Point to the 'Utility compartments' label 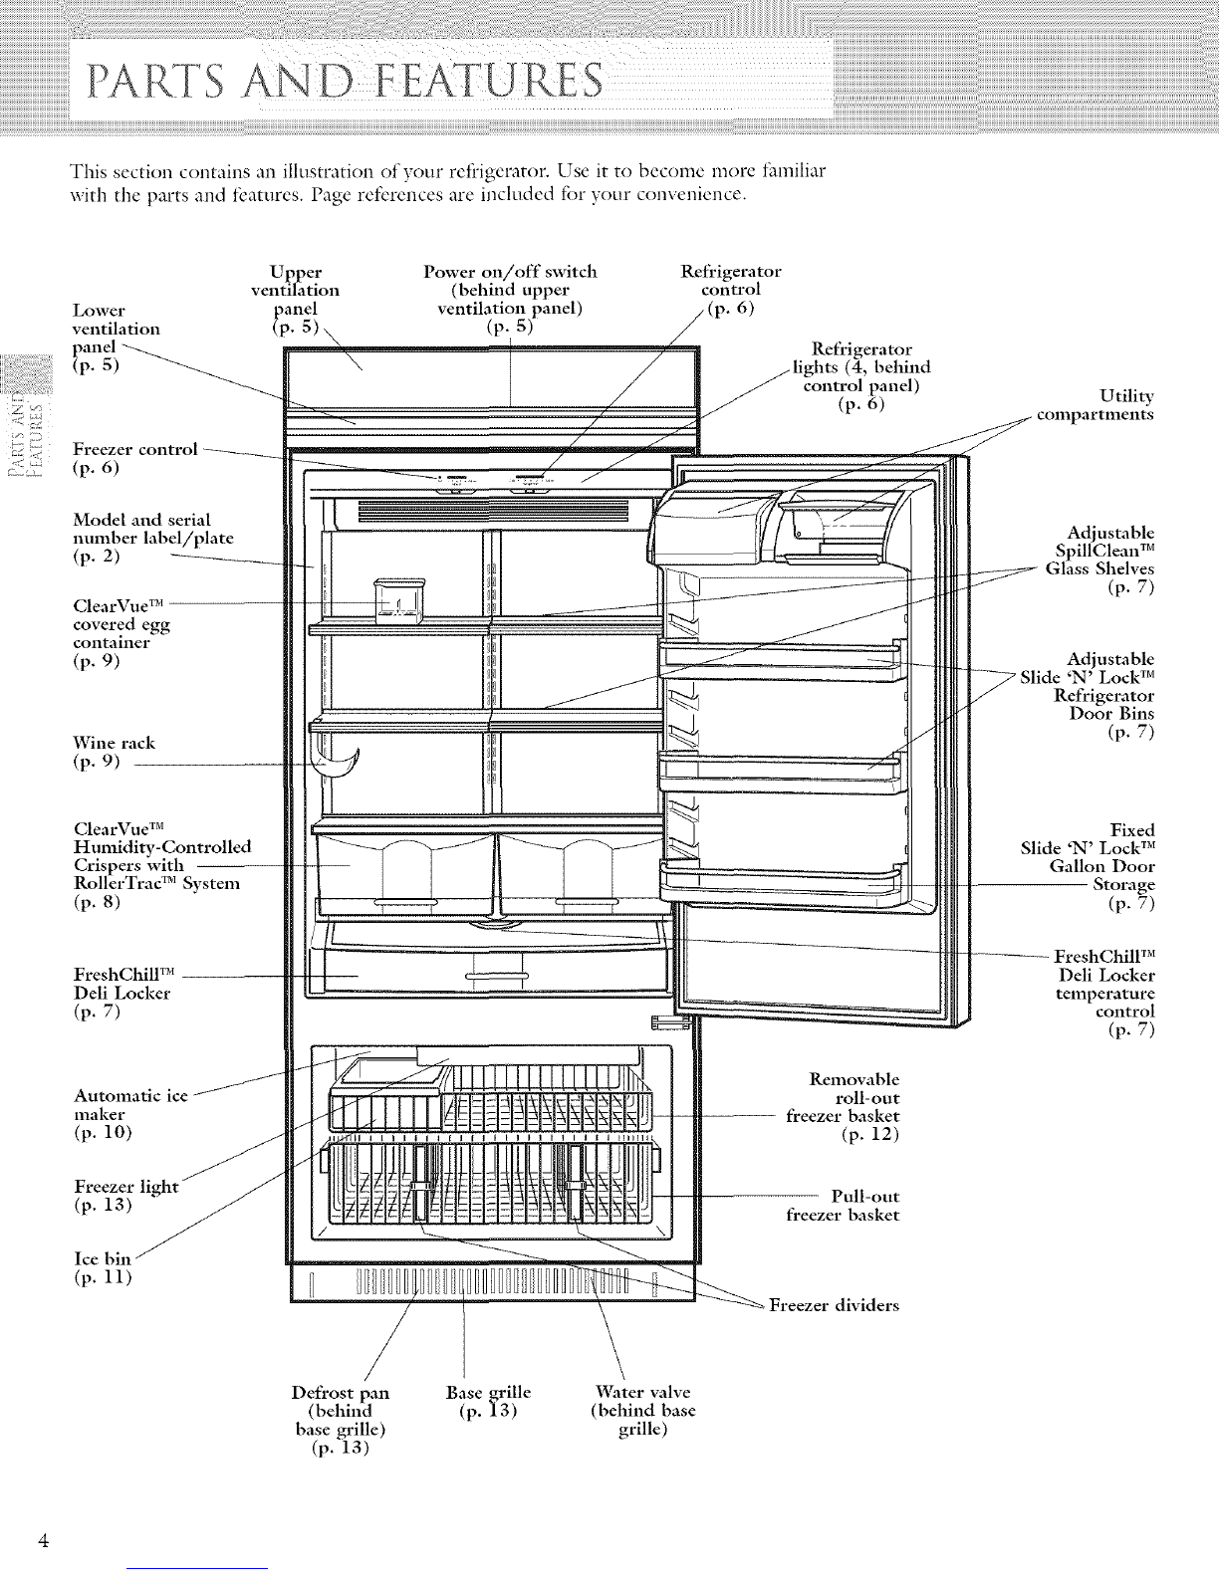coord(1096,405)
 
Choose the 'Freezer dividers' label coord(835,1304)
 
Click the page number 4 coord(45,1540)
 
